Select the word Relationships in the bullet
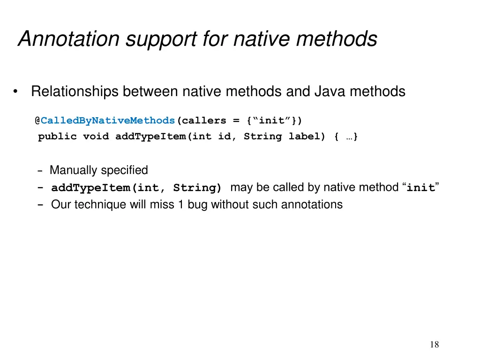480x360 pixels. tap(75, 91)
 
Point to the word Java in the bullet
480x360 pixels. tap(329, 91)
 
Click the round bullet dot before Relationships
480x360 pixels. tap(16, 92)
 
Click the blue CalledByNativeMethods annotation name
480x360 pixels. tap(108, 120)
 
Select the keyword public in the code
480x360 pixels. tap(57, 137)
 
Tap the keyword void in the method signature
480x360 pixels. tap(96, 137)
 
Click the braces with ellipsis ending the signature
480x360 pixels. tap(347, 137)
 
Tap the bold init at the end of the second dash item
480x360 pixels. tap(420, 188)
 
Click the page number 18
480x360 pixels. tap(434, 345)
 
